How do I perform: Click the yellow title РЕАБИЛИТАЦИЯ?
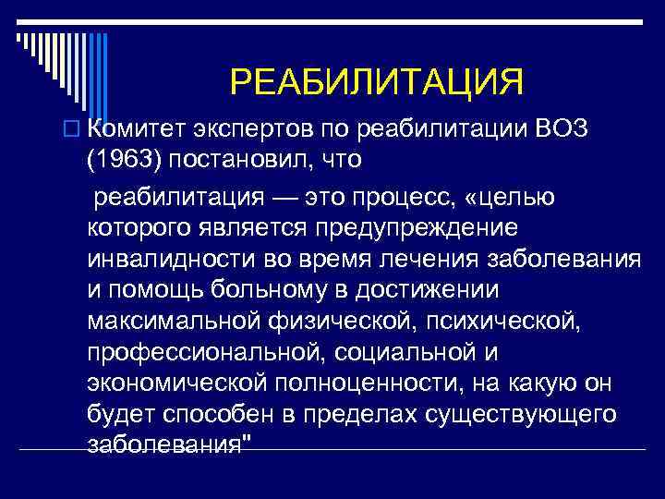pyautogui.click(x=376, y=82)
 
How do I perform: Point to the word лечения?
pyautogui.click(x=409, y=259)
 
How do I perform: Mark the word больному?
pyautogui.click(x=263, y=290)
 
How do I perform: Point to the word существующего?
pyautogui.click(x=535, y=415)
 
